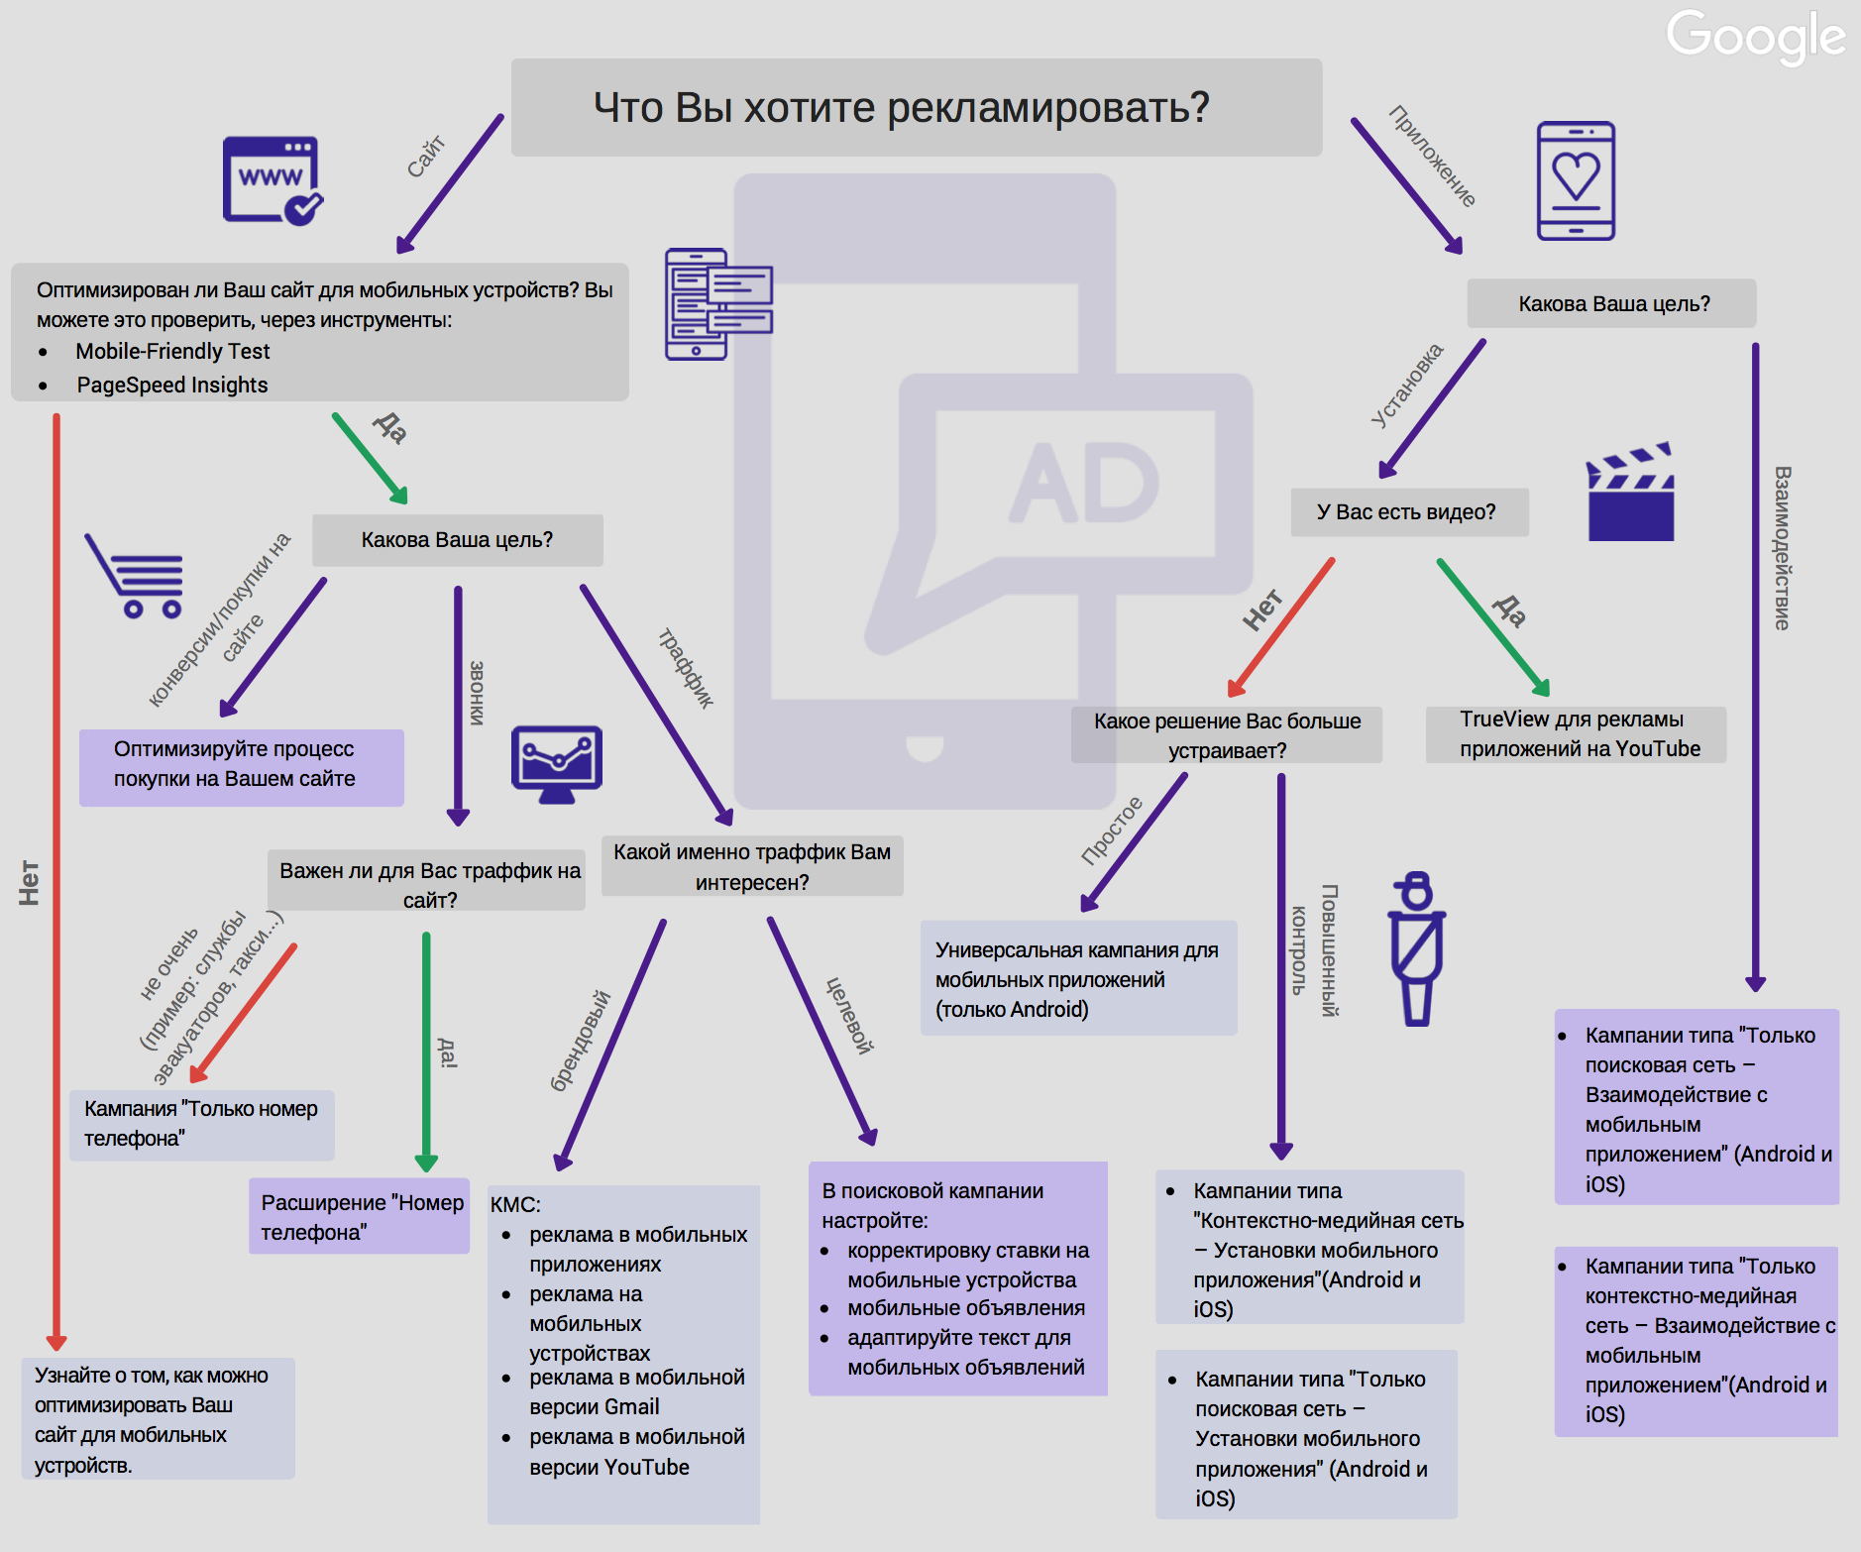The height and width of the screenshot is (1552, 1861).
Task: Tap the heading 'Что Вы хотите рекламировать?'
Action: pyautogui.click(x=902, y=107)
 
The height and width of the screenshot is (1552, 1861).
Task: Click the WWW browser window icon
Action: pyautogui.click(x=273, y=180)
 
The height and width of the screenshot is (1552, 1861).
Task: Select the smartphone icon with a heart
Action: pyautogui.click(x=1576, y=180)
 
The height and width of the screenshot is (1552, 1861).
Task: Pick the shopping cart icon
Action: pyautogui.click(x=135, y=577)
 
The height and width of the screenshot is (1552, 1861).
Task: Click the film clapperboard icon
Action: pyautogui.click(x=1630, y=492)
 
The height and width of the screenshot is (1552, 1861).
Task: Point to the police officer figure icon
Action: pyautogui.click(x=1417, y=948)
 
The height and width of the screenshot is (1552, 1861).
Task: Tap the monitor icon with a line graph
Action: pyautogui.click(x=557, y=764)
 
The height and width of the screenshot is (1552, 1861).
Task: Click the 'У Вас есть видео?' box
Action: pyautogui.click(x=1409, y=512)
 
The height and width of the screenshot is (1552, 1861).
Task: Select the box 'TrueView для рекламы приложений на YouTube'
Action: pyautogui.click(x=1576, y=734)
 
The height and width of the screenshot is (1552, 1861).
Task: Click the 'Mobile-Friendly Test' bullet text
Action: pyautogui.click(x=172, y=352)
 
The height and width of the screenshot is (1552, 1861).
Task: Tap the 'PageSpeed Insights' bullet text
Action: pyautogui.click(x=172, y=386)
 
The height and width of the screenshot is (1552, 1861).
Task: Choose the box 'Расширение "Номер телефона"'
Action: pyautogui.click(x=359, y=1216)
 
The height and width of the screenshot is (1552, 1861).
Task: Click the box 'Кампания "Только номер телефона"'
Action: pyautogui.click(x=202, y=1125)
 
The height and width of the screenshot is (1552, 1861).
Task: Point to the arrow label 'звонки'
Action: pyautogui.click(x=477, y=693)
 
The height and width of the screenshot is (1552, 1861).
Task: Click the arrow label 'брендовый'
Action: pyautogui.click(x=581, y=1041)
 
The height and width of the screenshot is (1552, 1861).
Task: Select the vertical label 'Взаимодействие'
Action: pyautogui.click(x=1782, y=548)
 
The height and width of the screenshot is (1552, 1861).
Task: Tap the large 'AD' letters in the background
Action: pyautogui.click(x=1084, y=483)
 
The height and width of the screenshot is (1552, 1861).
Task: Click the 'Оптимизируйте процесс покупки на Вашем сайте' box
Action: pyautogui.click(x=242, y=767)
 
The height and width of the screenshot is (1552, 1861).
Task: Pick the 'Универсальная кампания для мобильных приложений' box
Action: pyautogui.click(x=1079, y=978)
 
